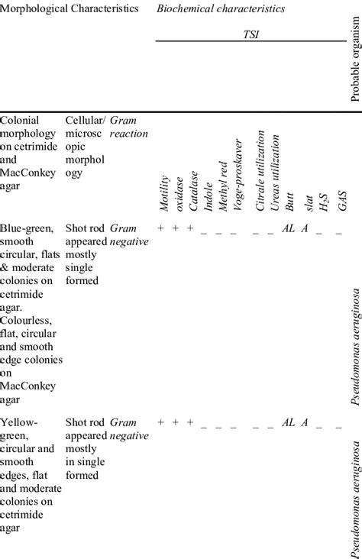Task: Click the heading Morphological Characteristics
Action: click(70, 9)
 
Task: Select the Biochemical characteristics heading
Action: click(221, 9)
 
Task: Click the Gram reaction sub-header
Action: click(128, 127)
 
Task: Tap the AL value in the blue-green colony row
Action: click(289, 228)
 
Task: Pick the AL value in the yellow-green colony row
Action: click(289, 422)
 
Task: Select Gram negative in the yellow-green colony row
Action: click(128, 428)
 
